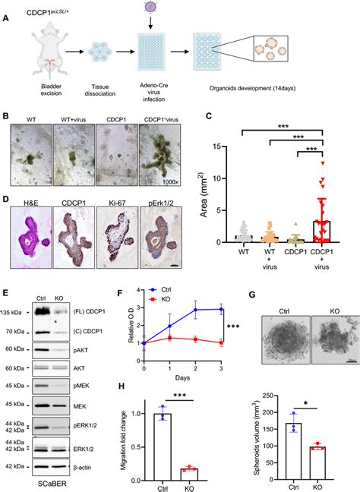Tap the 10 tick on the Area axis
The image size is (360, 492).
coord(216,178)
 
